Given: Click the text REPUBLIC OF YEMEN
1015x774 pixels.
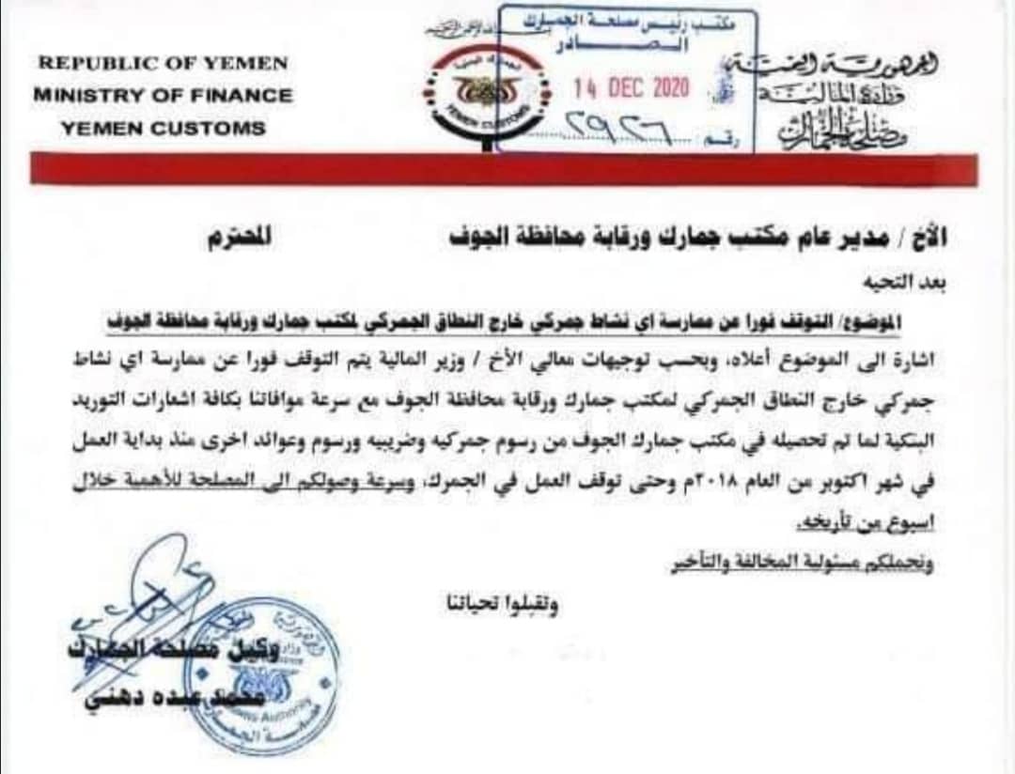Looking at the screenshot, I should coord(163,64).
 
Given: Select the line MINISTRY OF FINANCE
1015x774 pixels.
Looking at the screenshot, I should coord(163,96).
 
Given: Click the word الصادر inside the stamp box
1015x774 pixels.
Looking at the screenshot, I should coord(629,43).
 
